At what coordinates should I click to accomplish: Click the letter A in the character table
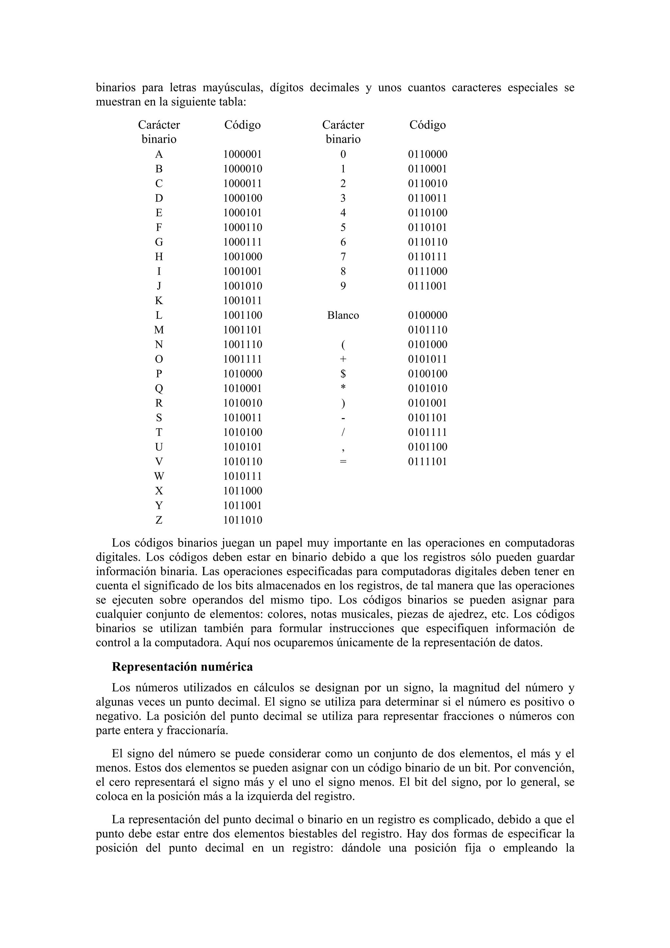(x=159, y=154)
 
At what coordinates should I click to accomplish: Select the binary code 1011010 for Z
(x=243, y=520)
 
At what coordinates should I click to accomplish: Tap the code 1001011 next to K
(x=243, y=301)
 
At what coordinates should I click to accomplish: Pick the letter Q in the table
(x=159, y=389)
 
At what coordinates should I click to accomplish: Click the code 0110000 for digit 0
(x=428, y=154)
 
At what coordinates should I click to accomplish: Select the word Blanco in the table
(x=343, y=315)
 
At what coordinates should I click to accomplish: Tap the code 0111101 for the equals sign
(x=428, y=462)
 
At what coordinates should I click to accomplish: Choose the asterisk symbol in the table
(x=343, y=388)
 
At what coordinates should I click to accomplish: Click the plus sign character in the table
(x=343, y=359)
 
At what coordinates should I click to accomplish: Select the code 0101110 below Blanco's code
(x=428, y=330)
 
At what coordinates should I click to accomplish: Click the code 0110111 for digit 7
(x=428, y=257)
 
